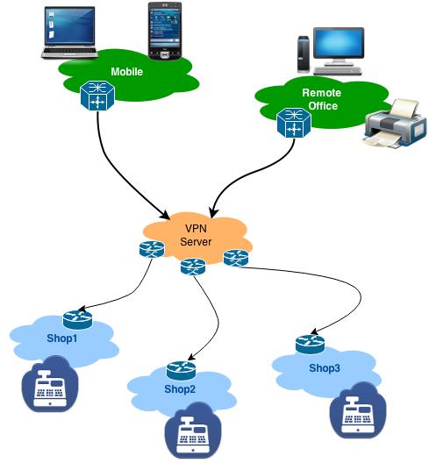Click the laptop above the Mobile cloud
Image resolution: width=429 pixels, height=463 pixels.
click(x=69, y=32)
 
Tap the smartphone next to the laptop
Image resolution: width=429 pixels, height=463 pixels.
click(x=165, y=31)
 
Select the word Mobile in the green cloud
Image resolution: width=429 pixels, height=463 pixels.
click(x=127, y=72)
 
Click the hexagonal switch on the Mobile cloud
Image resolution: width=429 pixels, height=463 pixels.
click(x=97, y=96)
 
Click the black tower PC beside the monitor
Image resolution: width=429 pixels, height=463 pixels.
click(x=304, y=54)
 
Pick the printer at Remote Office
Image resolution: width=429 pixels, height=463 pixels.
click(x=396, y=124)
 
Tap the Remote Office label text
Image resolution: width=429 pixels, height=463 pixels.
click(x=322, y=99)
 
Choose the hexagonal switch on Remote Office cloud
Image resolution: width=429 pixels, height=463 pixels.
click(x=294, y=123)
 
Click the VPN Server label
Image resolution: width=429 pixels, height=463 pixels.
click(x=196, y=235)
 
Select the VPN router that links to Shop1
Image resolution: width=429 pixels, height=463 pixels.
click(x=152, y=249)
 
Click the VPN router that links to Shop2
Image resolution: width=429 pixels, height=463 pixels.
click(x=193, y=267)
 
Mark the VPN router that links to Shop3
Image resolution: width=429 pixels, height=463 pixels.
click(x=236, y=258)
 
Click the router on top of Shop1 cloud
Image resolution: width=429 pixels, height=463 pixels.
click(x=77, y=320)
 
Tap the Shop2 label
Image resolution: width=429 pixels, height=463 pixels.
click(x=180, y=388)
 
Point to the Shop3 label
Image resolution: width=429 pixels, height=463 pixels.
click(x=325, y=368)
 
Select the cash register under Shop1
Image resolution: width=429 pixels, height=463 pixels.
click(x=50, y=384)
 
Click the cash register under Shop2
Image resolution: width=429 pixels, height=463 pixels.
click(x=193, y=431)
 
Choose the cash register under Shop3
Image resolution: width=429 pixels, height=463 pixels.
click(x=358, y=410)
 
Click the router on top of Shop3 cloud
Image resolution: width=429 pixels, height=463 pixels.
click(x=311, y=344)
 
